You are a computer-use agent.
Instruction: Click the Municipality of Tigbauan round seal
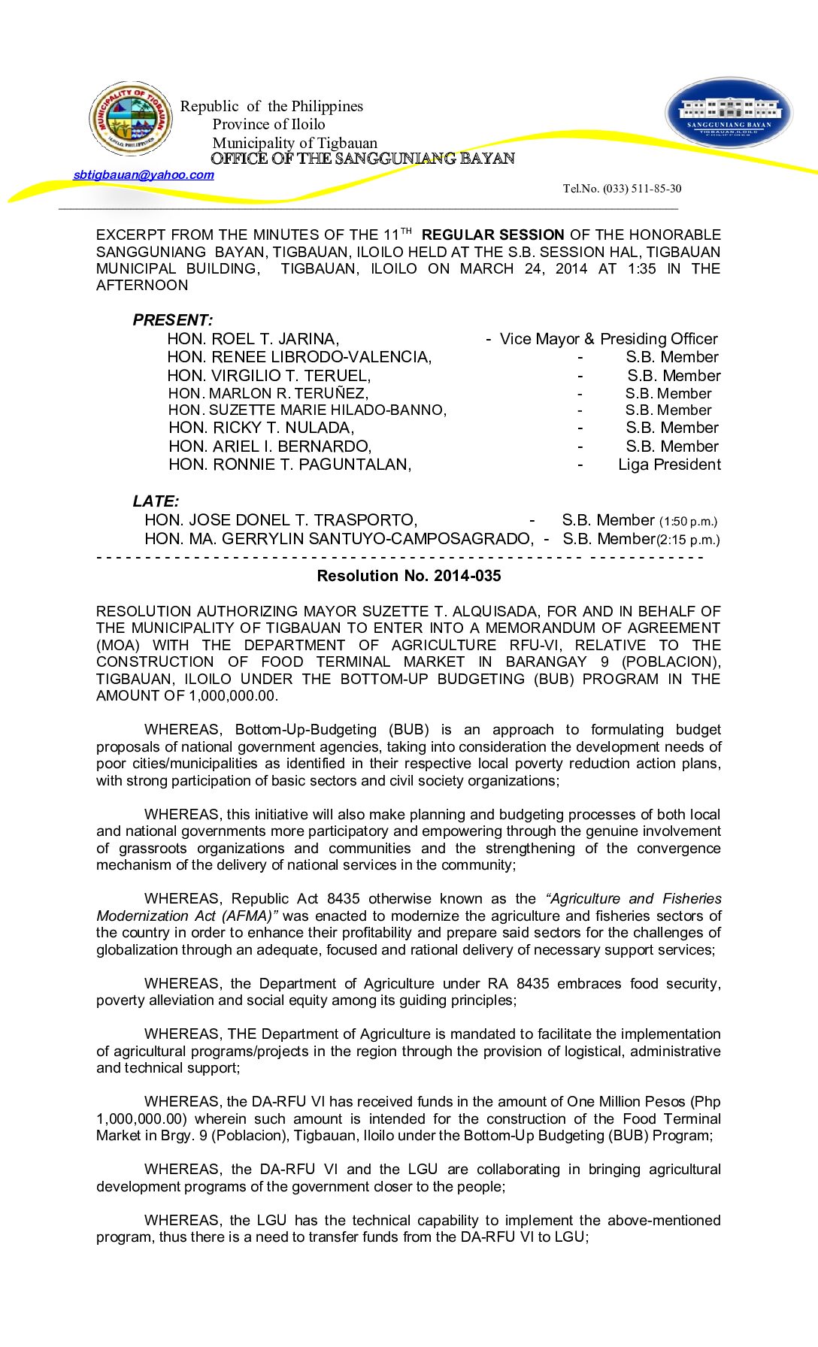(131, 119)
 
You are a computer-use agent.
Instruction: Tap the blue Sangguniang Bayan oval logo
(729, 114)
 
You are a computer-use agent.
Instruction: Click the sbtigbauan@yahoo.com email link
(144, 175)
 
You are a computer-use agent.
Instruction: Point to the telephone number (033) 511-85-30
(622, 189)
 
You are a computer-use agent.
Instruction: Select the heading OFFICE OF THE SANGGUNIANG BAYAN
(362, 159)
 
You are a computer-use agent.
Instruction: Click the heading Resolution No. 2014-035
(408, 576)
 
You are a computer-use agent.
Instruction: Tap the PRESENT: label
(172, 320)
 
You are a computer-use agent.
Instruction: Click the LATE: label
(156, 501)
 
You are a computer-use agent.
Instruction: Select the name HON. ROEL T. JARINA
(253, 339)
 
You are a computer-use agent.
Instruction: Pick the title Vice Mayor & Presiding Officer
(608, 339)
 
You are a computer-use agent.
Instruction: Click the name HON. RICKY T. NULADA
(261, 428)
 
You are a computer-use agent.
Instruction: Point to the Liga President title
(669, 465)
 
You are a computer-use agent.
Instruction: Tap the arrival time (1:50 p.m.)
(688, 522)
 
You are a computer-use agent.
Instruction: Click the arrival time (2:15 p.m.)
(688, 540)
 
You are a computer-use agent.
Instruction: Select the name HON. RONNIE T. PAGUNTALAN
(289, 465)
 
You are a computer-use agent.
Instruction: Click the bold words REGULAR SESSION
(492, 235)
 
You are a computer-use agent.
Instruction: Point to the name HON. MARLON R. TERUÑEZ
(268, 393)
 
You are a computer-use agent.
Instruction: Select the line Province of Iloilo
(268, 125)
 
